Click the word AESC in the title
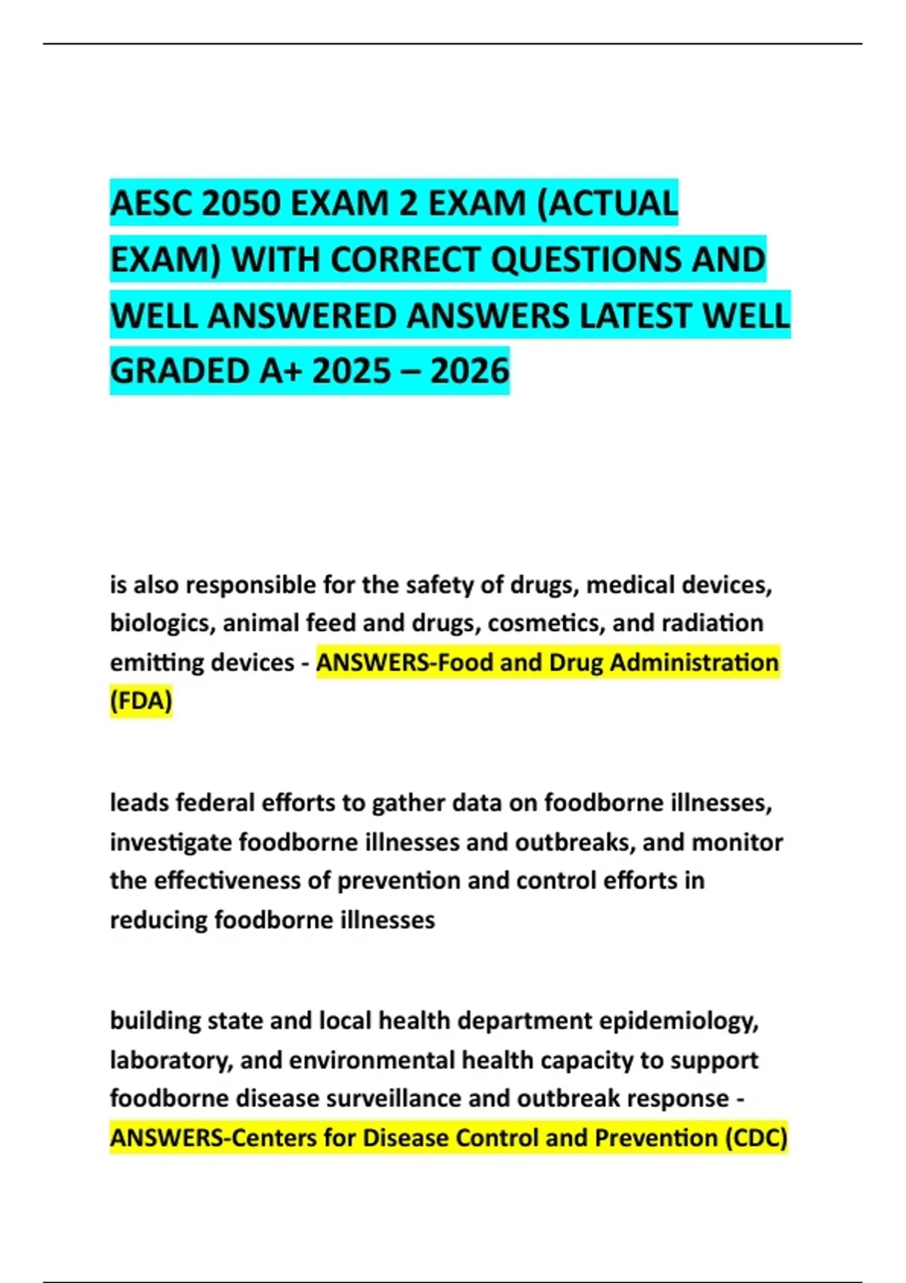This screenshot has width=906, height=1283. pyautogui.click(x=152, y=204)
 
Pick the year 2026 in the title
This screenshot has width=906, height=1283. pyautogui.click(x=470, y=371)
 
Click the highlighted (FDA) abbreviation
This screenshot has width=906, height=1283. pyautogui.click(x=141, y=701)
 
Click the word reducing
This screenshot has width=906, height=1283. pyautogui.click(x=159, y=920)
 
